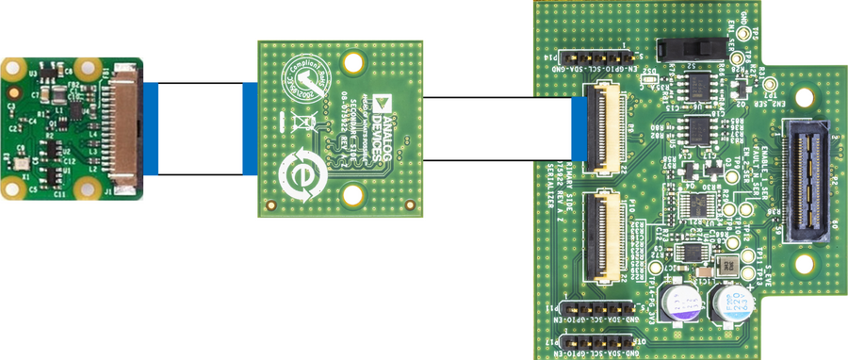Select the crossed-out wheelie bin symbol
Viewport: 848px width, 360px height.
point(303,121)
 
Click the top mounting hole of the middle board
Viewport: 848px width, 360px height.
point(353,64)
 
